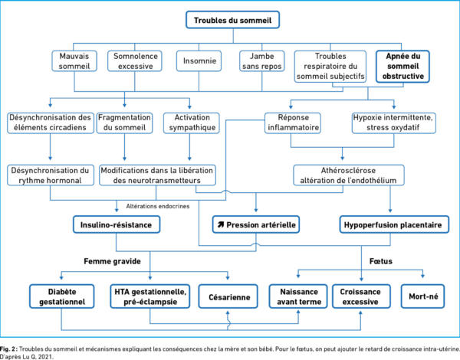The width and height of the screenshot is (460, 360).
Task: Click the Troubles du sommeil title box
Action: pyautogui.click(x=232, y=20)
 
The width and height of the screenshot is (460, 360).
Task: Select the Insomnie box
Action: pyautogui.click(x=199, y=61)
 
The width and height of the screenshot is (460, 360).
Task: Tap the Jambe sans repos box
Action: pyautogui.click(x=262, y=61)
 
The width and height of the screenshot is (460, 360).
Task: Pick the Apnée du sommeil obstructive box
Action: pyautogui.click(x=402, y=66)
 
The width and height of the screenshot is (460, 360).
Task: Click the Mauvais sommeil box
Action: pyautogui.click(x=74, y=61)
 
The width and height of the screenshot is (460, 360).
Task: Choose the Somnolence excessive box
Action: pyautogui.click(x=135, y=61)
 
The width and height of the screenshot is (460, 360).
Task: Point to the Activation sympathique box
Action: pyautogui.click(x=192, y=123)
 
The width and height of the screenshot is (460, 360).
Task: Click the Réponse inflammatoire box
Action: pyautogui.click(x=293, y=123)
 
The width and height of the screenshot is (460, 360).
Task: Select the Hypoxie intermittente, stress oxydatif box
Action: pyautogui.click(x=394, y=123)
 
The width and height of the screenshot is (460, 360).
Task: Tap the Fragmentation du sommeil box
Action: pyautogui.click(x=125, y=123)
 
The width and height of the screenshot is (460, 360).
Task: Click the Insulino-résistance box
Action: pyautogui.click(x=117, y=225)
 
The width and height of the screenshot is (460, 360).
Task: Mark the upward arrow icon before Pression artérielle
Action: pyautogui.click(x=221, y=225)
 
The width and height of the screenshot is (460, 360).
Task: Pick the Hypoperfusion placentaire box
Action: pyautogui.click(x=394, y=225)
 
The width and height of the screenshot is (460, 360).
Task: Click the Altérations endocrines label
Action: pyautogui.click(x=158, y=206)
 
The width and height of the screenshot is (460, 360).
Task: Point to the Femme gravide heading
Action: pyautogui.click(x=113, y=261)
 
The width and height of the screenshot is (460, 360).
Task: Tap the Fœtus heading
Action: pyautogui.click(x=381, y=261)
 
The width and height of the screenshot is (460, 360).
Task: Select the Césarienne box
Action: pyautogui.click(x=228, y=296)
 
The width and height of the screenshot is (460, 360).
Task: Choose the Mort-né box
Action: pyautogui.click(x=422, y=296)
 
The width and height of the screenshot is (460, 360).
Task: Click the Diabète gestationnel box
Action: pyautogui.click(x=62, y=296)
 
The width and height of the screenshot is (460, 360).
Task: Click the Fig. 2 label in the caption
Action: pyautogui.click(x=8, y=349)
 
